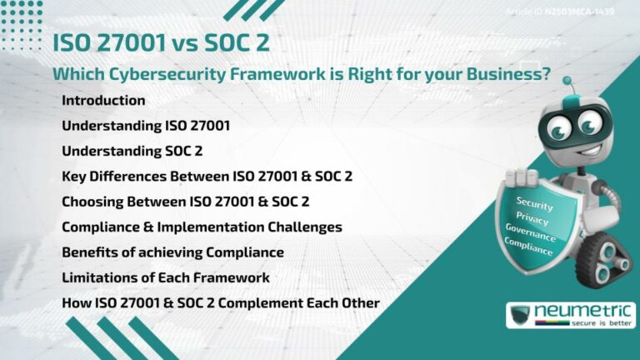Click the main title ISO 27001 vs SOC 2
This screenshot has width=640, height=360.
tap(161, 42)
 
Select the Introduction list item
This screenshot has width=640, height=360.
tap(103, 101)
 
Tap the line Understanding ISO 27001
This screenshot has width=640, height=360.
tap(146, 126)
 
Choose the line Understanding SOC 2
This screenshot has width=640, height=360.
tap(132, 151)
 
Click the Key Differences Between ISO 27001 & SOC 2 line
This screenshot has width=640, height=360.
tap(207, 177)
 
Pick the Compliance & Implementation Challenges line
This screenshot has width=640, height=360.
tap(202, 227)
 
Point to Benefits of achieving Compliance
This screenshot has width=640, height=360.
tap(172, 252)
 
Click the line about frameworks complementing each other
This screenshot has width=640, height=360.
tap(221, 302)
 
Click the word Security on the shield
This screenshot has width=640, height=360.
tap(534, 202)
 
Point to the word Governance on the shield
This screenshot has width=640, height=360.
tap(532, 232)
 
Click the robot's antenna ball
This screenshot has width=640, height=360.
tap(567, 82)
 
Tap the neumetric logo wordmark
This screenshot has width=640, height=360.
tap(584, 311)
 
